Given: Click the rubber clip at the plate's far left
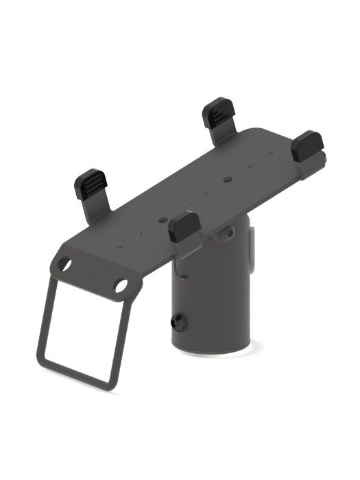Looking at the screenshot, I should (x=89, y=184).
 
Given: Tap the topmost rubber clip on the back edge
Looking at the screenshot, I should (x=220, y=112).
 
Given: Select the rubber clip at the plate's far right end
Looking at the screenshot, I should (x=306, y=145).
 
